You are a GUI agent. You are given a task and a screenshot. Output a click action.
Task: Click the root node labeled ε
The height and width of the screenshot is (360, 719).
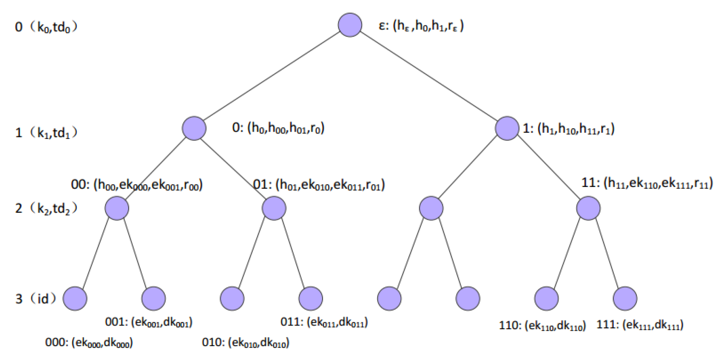tap(350, 25)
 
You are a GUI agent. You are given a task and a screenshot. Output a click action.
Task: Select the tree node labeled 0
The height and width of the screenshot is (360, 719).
tap(194, 128)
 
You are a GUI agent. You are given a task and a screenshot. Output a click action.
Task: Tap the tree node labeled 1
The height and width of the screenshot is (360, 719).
tap(507, 128)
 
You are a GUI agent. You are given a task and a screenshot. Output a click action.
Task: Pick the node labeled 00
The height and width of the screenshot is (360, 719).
tap(117, 208)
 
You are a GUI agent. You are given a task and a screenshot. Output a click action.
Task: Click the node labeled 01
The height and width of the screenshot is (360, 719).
tap(274, 208)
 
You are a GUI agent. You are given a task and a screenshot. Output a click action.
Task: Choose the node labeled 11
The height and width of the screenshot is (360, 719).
tap(588, 208)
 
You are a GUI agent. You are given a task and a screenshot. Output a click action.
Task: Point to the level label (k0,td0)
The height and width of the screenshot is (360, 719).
tap(46, 27)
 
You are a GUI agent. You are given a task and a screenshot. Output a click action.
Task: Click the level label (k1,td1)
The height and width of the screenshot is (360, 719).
tap(46, 132)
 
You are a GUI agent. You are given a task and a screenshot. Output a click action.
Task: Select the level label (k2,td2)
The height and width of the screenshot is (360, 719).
tap(46, 208)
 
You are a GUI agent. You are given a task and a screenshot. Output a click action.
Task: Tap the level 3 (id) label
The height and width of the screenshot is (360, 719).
tap(36, 299)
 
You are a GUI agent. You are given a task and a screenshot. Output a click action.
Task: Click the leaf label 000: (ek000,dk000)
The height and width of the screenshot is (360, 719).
tap(89, 342)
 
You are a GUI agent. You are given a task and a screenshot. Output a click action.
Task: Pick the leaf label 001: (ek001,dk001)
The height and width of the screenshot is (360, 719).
tap(149, 322)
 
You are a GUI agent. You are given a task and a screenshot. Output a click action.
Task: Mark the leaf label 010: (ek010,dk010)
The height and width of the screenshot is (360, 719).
tap(245, 342)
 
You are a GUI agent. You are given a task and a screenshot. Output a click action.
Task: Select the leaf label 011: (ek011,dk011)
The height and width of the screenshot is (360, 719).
tap(324, 322)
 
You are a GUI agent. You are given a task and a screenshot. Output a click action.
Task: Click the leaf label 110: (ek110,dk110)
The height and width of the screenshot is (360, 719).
tap(542, 325)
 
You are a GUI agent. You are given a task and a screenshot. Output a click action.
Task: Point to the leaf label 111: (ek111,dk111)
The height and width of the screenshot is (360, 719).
tap(640, 324)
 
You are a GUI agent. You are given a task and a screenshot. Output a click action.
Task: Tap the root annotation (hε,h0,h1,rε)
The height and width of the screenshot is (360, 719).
tap(421, 26)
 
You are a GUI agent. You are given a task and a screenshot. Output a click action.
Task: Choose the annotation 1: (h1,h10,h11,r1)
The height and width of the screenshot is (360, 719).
tap(569, 129)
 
